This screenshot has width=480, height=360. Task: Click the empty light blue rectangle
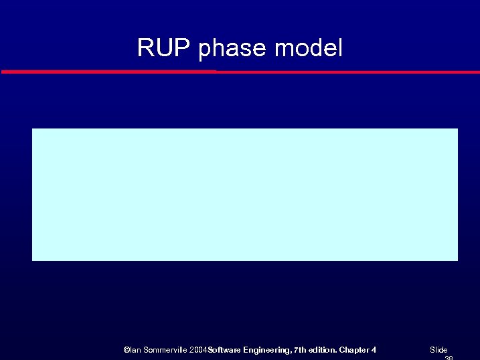pos(245,194)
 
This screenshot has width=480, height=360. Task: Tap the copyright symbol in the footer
pos(127,350)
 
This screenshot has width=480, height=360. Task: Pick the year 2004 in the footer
pos(198,350)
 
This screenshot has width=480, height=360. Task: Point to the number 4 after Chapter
pos(374,350)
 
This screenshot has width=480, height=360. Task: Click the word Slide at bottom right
pos(438,350)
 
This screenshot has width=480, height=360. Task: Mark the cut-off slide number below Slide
pos(449,358)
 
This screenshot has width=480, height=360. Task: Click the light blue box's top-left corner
pos(33,129)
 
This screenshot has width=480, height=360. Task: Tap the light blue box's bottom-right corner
pos(457,260)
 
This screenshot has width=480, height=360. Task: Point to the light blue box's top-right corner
pos(457,129)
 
